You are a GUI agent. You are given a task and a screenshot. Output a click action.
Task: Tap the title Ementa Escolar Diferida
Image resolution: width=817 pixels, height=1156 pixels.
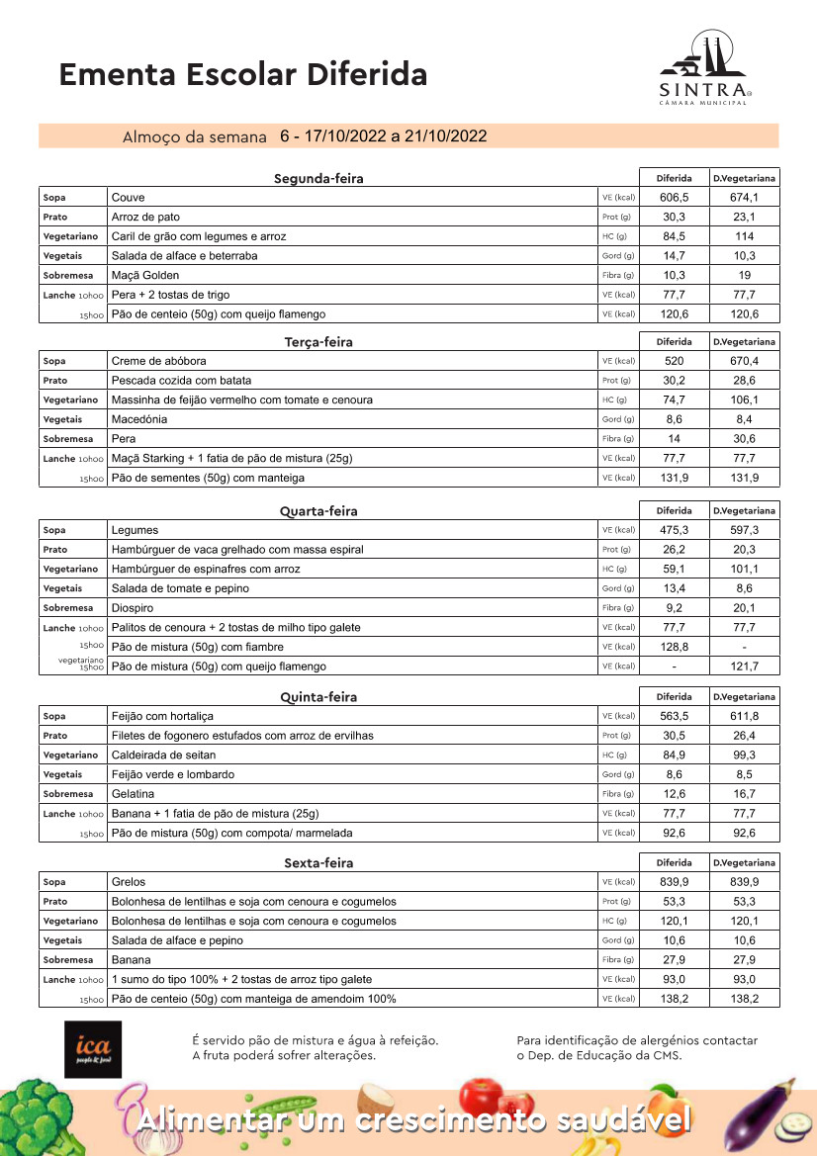(243, 74)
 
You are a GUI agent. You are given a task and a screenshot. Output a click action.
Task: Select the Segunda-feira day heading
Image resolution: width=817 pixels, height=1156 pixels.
(318, 179)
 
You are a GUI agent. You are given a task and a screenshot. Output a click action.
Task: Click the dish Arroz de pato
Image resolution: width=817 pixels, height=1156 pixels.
(145, 217)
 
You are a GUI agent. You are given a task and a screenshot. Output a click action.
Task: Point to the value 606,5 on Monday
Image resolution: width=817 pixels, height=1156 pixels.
(674, 198)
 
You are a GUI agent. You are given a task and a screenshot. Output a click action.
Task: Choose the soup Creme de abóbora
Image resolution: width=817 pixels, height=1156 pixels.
(159, 361)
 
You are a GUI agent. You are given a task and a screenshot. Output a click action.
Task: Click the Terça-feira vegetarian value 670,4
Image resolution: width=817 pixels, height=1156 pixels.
(745, 361)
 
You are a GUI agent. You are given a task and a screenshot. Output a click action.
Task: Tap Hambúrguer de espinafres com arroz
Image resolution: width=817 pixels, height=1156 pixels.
(206, 569)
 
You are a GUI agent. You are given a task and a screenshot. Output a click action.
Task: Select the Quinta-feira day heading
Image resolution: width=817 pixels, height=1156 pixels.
(318, 697)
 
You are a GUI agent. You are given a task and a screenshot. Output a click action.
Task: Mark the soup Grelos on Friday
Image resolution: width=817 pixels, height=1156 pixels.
(129, 881)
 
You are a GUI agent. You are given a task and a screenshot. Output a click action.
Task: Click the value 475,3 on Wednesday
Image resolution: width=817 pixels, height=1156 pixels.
(674, 530)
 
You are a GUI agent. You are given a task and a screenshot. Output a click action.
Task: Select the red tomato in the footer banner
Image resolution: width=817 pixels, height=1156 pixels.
(483, 1103)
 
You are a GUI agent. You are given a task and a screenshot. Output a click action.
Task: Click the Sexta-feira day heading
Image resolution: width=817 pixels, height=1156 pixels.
(318, 863)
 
